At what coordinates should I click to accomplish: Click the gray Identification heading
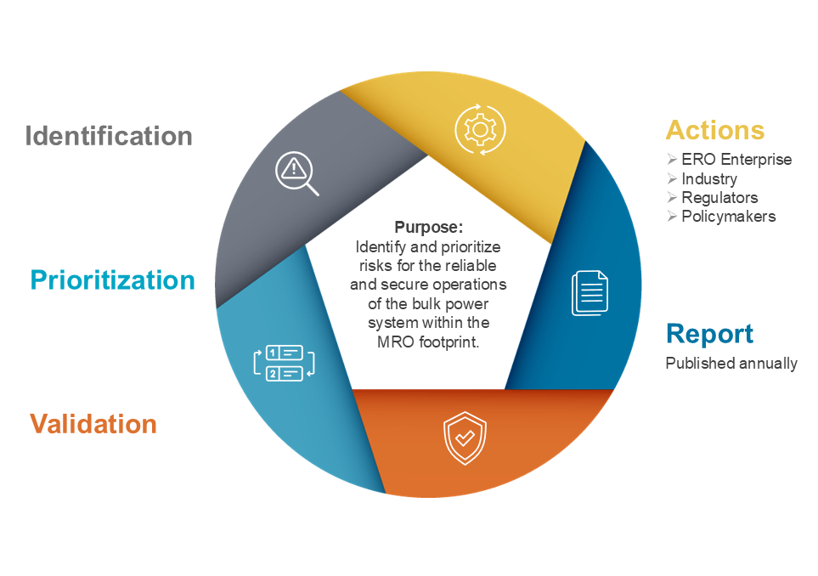tap(109, 136)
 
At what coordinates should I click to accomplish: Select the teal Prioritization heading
tap(113, 280)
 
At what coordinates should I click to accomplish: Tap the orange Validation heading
tap(93, 424)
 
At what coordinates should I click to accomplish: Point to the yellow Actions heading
tap(715, 130)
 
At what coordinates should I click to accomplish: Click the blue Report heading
tap(709, 334)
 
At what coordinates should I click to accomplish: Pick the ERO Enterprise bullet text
tap(736, 159)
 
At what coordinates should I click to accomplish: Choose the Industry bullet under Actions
tap(709, 179)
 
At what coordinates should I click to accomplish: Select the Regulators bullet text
tap(720, 198)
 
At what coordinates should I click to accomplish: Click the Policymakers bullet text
tap(729, 217)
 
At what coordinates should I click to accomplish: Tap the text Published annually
tap(731, 363)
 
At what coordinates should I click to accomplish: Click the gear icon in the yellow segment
tap(480, 130)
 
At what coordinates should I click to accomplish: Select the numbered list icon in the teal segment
tap(285, 363)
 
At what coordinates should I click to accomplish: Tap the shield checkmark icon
tap(465, 438)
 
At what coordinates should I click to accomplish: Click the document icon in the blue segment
tap(590, 293)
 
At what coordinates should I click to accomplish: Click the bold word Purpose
tap(428, 228)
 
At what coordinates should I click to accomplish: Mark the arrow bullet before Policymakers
tap(672, 216)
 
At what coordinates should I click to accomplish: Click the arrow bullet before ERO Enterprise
tap(672, 159)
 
